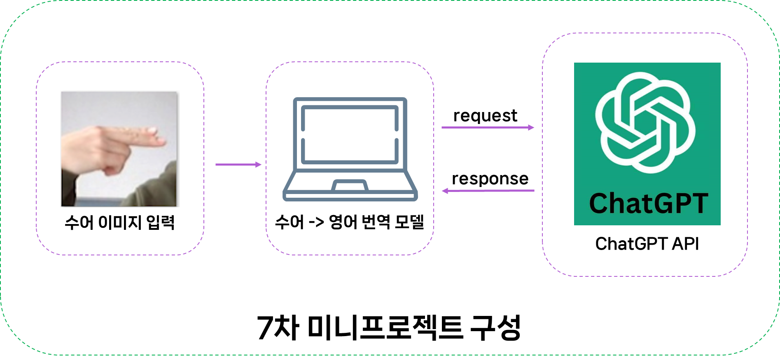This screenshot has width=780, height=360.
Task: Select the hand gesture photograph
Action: pyautogui.click(x=120, y=148)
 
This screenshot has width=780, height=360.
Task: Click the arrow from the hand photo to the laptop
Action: pyautogui.click(x=238, y=165)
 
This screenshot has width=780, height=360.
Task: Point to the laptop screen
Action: pyautogui.click(x=350, y=134)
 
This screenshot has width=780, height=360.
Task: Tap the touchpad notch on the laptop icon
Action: pyautogui.click(x=350, y=185)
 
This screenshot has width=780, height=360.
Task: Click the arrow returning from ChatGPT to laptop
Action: pyautogui.click(x=488, y=191)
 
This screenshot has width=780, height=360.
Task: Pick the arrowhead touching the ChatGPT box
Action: pyautogui.click(x=531, y=128)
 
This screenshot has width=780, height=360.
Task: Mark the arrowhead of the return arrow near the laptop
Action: pyautogui.click(x=445, y=191)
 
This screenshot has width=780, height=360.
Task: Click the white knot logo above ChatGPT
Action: pyautogui.click(x=645, y=122)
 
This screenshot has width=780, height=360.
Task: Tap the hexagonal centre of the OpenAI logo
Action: pyautogui.click(x=645, y=123)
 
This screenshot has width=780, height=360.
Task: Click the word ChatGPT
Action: pyautogui.click(x=648, y=203)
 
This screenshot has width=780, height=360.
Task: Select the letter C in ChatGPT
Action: pyautogui.click(x=600, y=203)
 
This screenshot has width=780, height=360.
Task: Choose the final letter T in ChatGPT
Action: pyautogui.click(x=699, y=203)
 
